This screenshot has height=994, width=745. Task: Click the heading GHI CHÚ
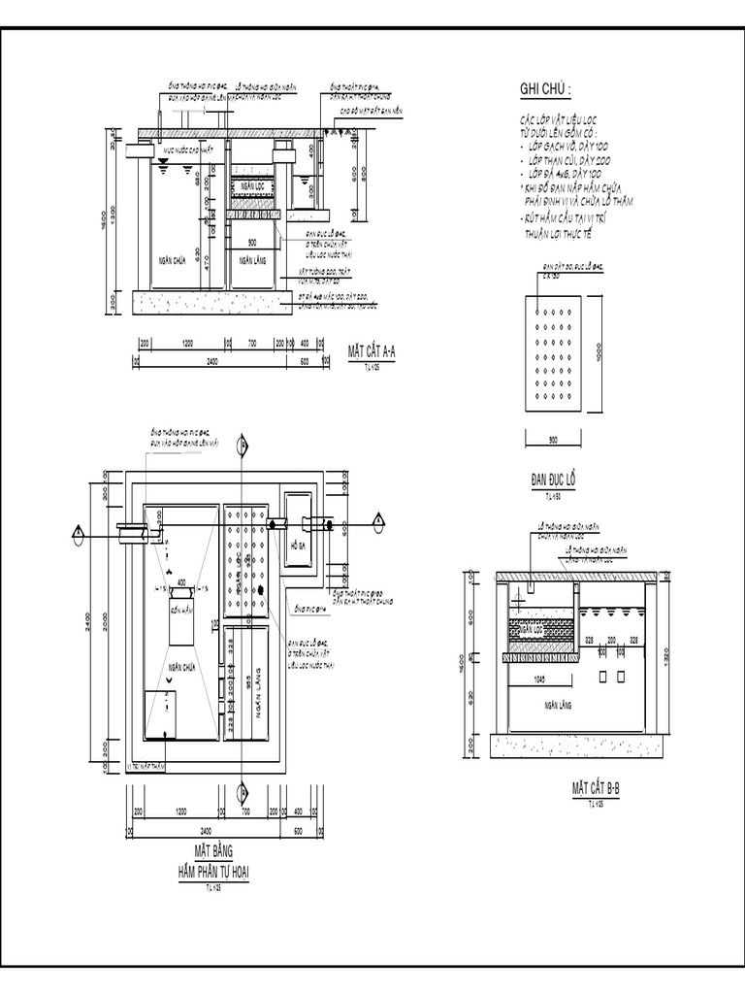click(545, 90)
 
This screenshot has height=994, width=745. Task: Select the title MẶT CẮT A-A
click(372, 351)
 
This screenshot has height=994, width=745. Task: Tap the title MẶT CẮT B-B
click(595, 788)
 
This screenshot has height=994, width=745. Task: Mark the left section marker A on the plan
click(76, 531)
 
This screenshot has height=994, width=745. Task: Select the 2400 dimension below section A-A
click(212, 361)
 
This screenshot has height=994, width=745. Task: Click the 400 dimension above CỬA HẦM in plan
click(181, 580)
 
